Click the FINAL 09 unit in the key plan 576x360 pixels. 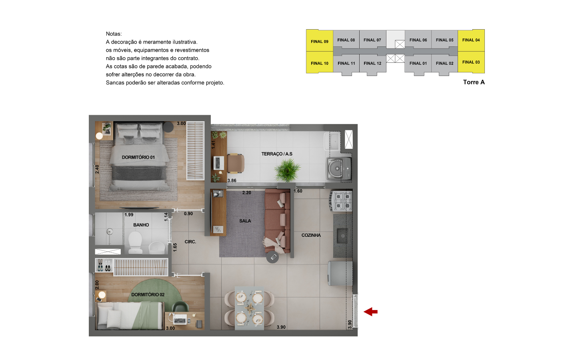click(320, 41)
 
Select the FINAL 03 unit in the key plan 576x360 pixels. click(471, 62)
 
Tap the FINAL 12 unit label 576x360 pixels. click(372, 63)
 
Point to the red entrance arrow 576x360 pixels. click(370, 312)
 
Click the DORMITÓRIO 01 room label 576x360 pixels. click(138, 157)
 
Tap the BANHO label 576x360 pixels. click(141, 225)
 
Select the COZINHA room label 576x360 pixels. click(311, 235)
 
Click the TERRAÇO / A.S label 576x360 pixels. click(277, 154)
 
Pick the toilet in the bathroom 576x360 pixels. click(135, 243)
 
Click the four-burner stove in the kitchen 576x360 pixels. click(341, 201)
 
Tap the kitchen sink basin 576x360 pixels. click(342, 236)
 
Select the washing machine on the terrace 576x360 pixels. click(339, 168)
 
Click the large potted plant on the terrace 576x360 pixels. click(287, 170)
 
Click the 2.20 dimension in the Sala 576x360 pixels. click(246, 193)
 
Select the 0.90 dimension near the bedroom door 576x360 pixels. click(188, 214)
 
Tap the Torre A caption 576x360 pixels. click(474, 82)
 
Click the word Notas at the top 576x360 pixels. click(114, 34)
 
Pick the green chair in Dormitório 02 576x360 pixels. click(180, 307)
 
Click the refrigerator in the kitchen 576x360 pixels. click(340, 273)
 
